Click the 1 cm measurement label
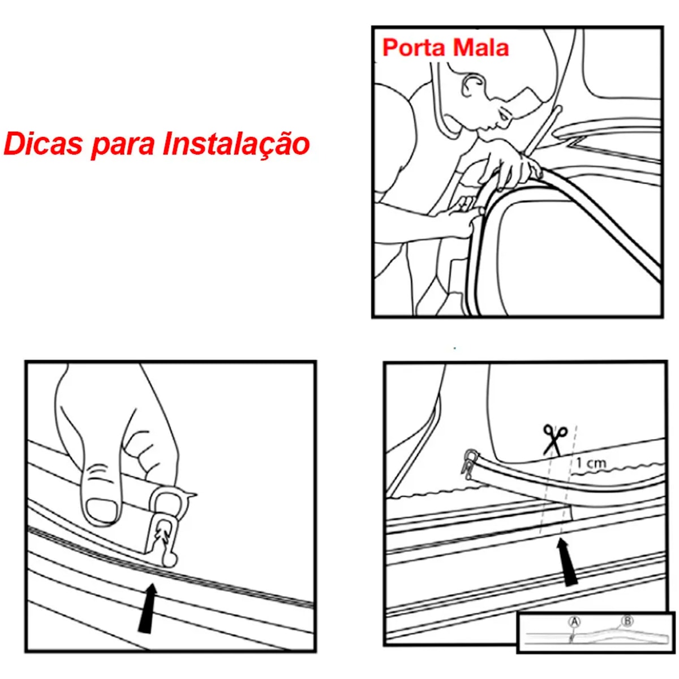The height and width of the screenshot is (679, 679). [591, 463]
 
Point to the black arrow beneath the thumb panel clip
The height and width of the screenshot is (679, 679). [148, 608]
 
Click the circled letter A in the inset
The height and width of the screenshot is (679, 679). [574, 622]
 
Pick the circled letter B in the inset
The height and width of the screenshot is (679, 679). [627, 621]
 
